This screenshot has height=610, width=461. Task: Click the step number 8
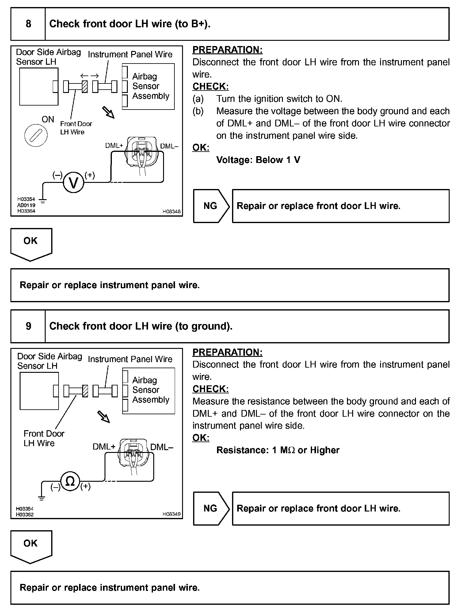[x=28, y=24]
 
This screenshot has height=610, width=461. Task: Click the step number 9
[x=28, y=326]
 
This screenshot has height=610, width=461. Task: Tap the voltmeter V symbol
[x=73, y=183]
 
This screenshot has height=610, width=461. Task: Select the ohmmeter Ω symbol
[x=70, y=481]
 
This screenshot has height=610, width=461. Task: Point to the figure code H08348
[x=171, y=211]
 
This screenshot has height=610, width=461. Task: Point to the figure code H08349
[x=171, y=514]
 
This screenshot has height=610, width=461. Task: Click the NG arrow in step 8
[x=211, y=206]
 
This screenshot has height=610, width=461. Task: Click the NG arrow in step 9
[x=211, y=508]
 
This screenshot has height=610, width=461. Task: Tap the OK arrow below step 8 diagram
[x=31, y=244]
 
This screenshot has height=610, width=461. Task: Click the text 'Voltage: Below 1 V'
[x=258, y=160]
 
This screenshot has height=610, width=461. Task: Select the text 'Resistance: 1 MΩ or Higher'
[x=278, y=450]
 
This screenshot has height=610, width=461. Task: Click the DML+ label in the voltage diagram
[x=114, y=146]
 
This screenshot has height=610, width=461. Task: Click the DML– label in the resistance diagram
[x=162, y=447]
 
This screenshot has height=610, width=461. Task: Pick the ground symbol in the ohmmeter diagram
[x=42, y=498]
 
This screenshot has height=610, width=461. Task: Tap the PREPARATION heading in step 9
[x=227, y=352]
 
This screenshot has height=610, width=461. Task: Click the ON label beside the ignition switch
[x=48, y=119]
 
